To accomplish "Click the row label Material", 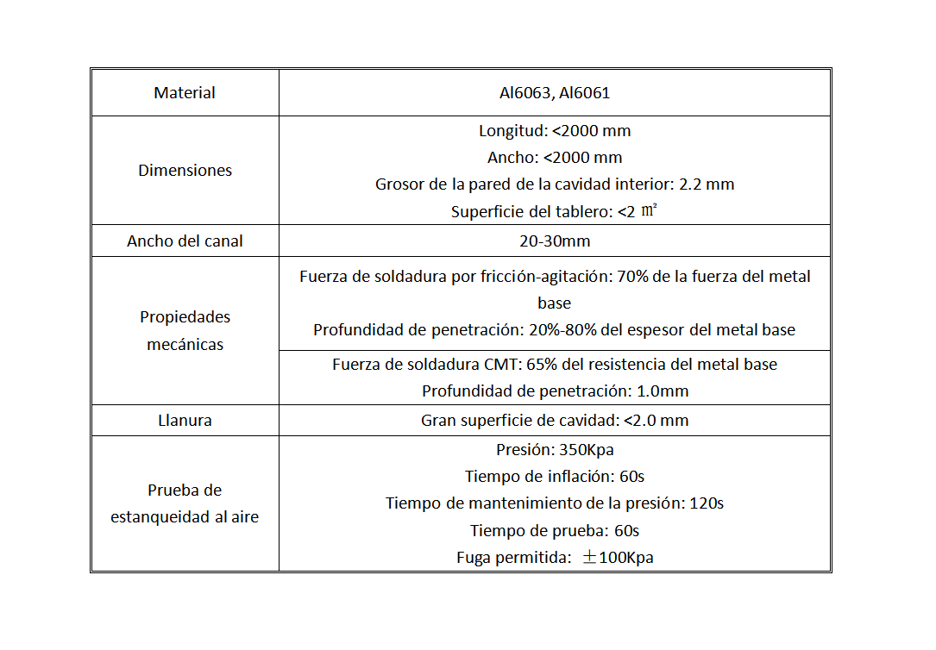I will [x=185, y=92].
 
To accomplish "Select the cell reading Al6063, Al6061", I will [x=555, y=92].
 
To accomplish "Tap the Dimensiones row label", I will [x=185, y=170].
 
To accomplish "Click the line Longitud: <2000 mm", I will [x=555, y=131].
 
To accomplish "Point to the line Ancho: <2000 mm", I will [x=555, y=158].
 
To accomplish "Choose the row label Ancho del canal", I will [x=185, y=241].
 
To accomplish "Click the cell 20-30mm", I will [x=555, y=241].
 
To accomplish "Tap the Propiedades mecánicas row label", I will [x=185, y=330].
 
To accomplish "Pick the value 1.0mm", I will [x=663, y=391].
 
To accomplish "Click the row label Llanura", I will [x=185, y=421].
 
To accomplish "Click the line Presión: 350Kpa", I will [x=555, y=449].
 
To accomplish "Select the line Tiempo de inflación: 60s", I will [x=555, y=476].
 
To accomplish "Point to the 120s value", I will [x=707, y=503].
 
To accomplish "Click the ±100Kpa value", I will [x=618, y=557].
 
